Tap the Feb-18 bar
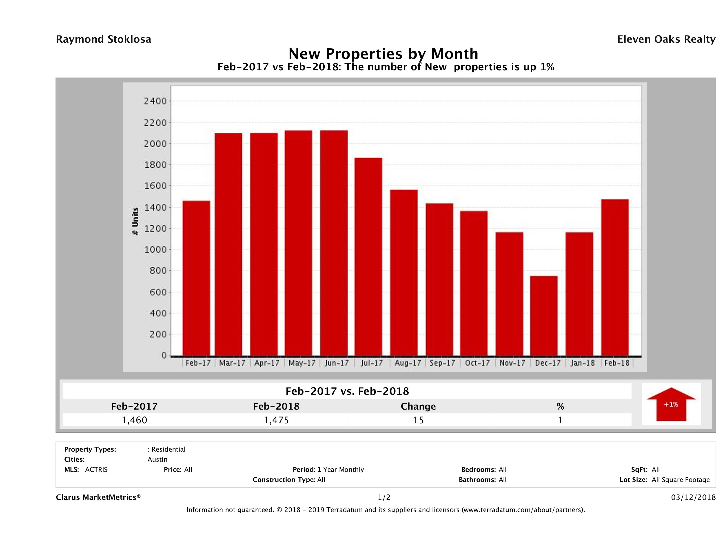point(615,278)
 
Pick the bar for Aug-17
point(404,273)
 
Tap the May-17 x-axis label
point(302,363)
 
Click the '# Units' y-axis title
point(135,222)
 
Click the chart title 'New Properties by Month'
point(383,54)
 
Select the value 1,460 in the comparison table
point(134,420)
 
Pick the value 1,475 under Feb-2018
point(276,420)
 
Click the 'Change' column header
point(418,406)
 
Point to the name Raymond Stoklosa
point(104,39)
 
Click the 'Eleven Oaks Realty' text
point(666,39)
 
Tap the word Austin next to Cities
point(157,459)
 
